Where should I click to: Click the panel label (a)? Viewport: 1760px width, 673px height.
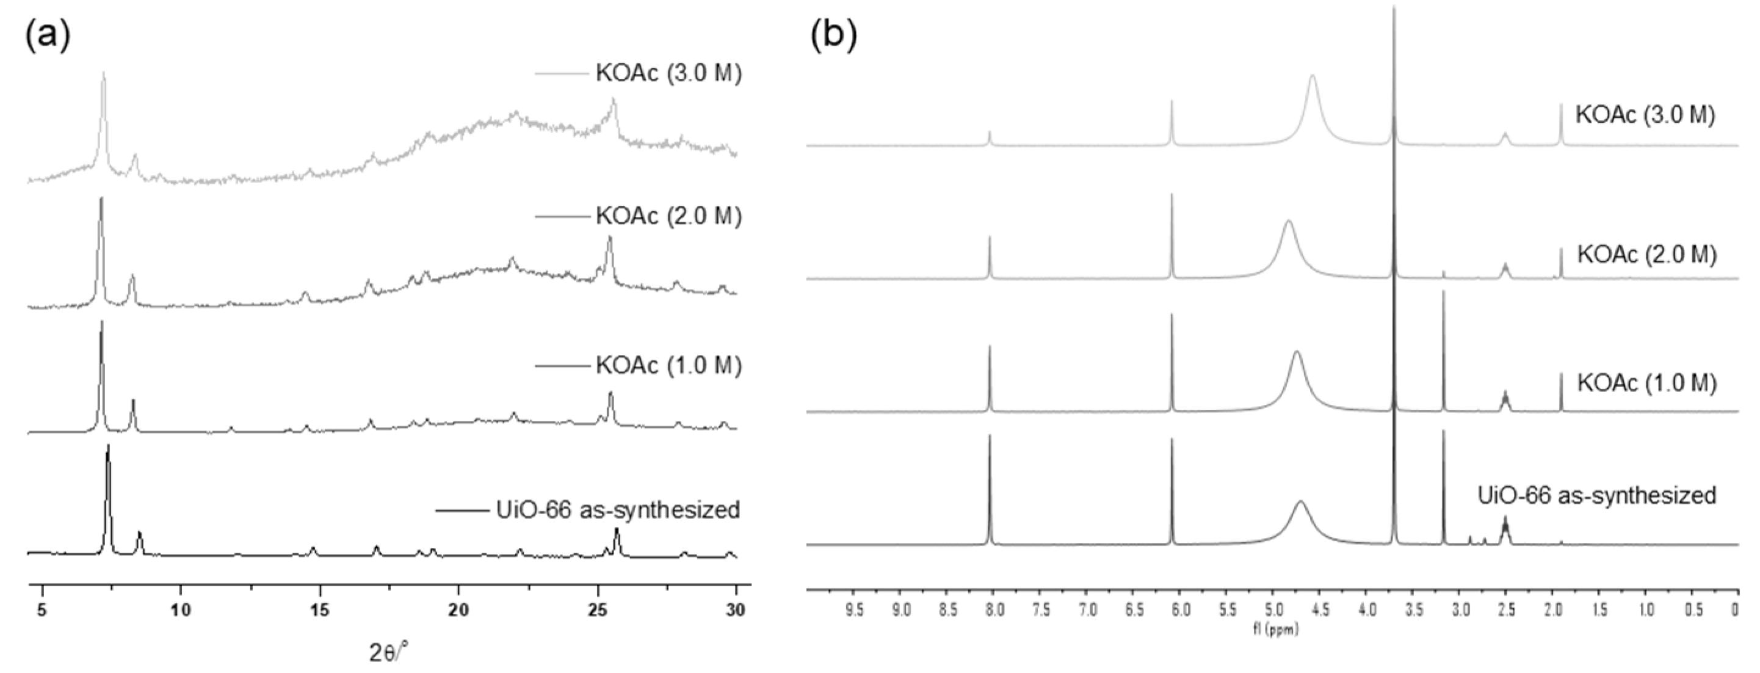tap(47, 36)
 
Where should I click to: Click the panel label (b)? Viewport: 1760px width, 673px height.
tap(833, 36)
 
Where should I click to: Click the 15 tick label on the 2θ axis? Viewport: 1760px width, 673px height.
tap(320, 610)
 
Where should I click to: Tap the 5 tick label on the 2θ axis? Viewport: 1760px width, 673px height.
tap(42, 610)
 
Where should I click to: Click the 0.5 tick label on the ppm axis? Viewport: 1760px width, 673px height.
tap(1693, 610)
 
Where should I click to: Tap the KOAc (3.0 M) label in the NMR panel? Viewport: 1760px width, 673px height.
tap(1645, 114)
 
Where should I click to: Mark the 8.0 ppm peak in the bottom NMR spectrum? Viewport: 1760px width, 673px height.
tap(990, 437)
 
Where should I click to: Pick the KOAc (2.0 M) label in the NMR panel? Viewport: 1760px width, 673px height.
tap(1646, 254)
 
